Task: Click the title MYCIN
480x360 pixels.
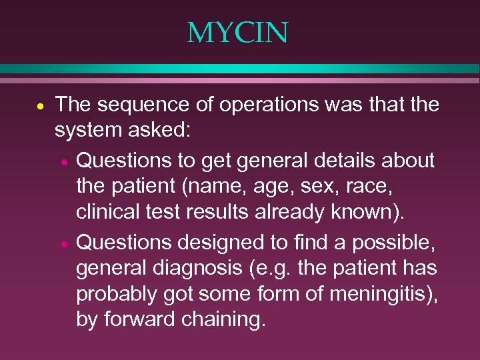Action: pyautogui.click(x=237, y=33)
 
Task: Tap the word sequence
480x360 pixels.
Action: pyautogui.click(x=139, y=105)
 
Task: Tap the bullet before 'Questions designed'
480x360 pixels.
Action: pyautogui.click(x=62, y=245)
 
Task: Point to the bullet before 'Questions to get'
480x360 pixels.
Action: pyautogui.click(x=62, y=162)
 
